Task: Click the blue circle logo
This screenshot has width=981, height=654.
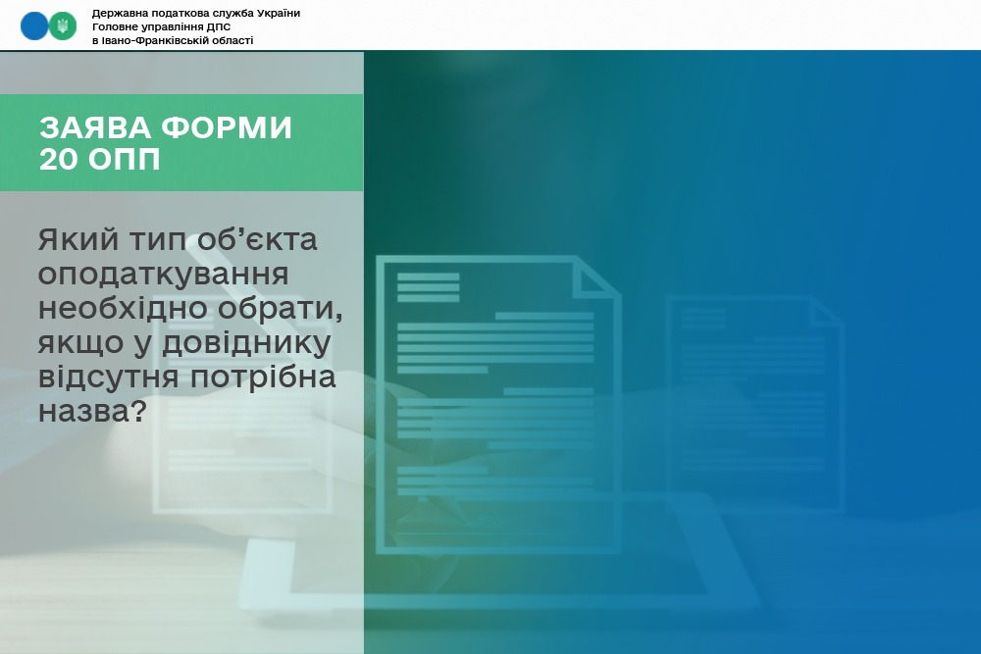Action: (x=34, y=26)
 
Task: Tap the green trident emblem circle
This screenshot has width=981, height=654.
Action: (x=63, y=26)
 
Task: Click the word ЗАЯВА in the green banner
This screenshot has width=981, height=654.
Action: (x=96, y=127)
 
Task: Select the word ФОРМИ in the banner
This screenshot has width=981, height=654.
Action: (x=228, y=127)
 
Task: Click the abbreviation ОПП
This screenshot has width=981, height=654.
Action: (x=125, y=159)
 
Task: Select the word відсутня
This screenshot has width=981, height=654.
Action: (x=109, y=377)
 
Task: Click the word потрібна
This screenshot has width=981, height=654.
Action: (x=263, y=377)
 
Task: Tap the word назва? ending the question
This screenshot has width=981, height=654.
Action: (x=92, y=412)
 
